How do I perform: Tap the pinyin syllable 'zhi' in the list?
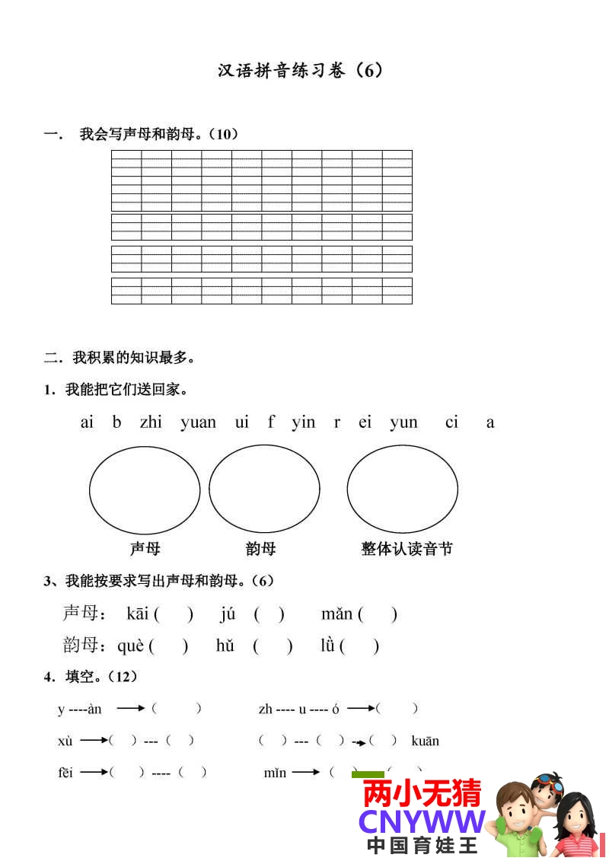(x=151, y=422)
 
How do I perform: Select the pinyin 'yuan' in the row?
(x=198, y=423)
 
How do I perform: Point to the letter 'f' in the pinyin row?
(x=271, y=422)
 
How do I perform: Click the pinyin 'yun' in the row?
(x=403, y=423)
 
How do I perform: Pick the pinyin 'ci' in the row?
(x=451, y=422)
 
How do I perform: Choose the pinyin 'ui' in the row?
(x=241, y=422)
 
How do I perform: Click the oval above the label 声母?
(x=145, y=490)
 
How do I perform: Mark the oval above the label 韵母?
(x=264, y=490)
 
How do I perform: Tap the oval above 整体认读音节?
(x=402, y=490)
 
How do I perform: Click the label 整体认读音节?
(x=407, y=548)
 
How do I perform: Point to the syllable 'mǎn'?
(x=336, y=614)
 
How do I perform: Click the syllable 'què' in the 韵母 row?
(x=130, y=646)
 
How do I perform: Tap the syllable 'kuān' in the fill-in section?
(x=425, y=741)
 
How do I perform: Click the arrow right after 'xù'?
(x=94, y=740)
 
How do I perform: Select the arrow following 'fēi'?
(x=94, y=772)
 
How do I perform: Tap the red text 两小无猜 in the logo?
(x=422, y=793)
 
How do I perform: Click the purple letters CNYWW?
(x=422, y=821)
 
